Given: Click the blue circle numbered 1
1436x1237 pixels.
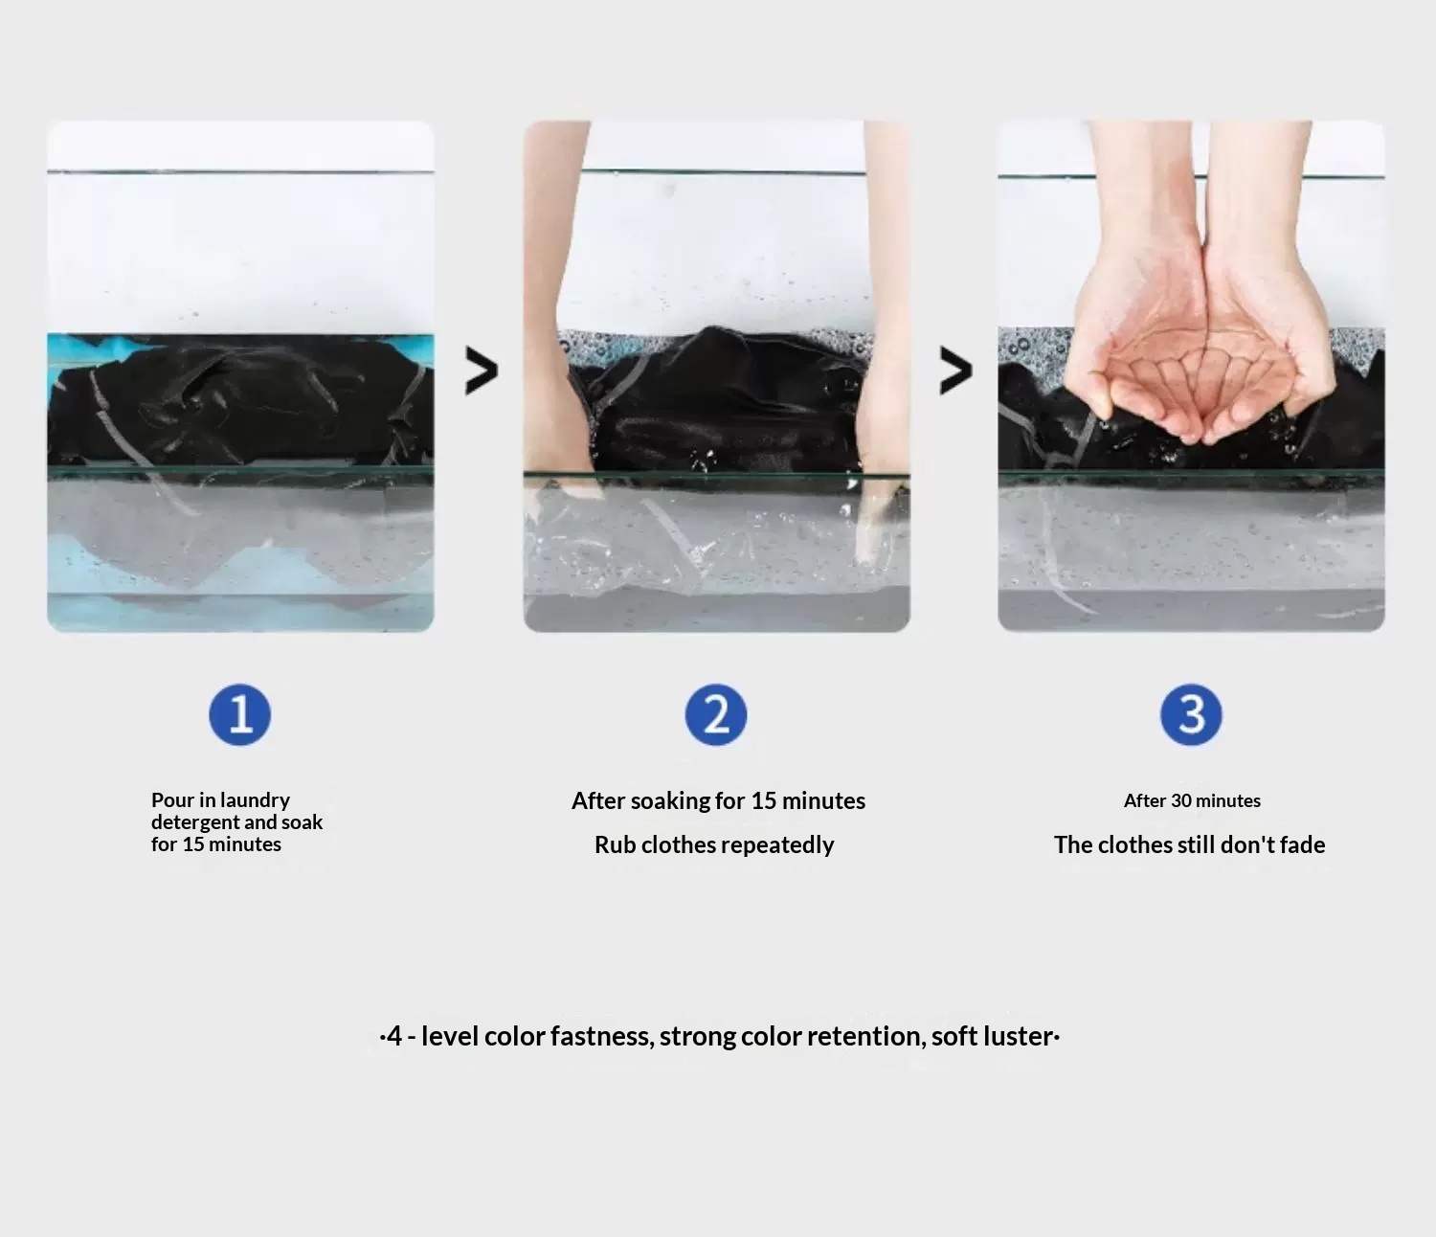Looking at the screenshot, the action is (x=239, y=714).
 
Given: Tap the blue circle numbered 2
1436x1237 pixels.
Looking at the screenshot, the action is (x=715, y=714).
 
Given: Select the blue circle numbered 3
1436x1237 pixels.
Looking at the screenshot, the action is (x=1191, y=714).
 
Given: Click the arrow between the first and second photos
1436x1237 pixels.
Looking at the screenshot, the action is (x=482, y=371).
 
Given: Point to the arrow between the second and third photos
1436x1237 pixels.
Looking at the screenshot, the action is (x=956, y=371).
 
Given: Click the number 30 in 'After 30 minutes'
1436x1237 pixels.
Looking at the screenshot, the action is (x=1181, y=800).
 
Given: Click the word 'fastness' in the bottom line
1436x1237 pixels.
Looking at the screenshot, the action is (x=602, y=1036).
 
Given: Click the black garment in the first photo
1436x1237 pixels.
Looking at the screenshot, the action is (x=239, y=403).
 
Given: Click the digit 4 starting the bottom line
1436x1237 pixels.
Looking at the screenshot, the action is (x=393, y=1036).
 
